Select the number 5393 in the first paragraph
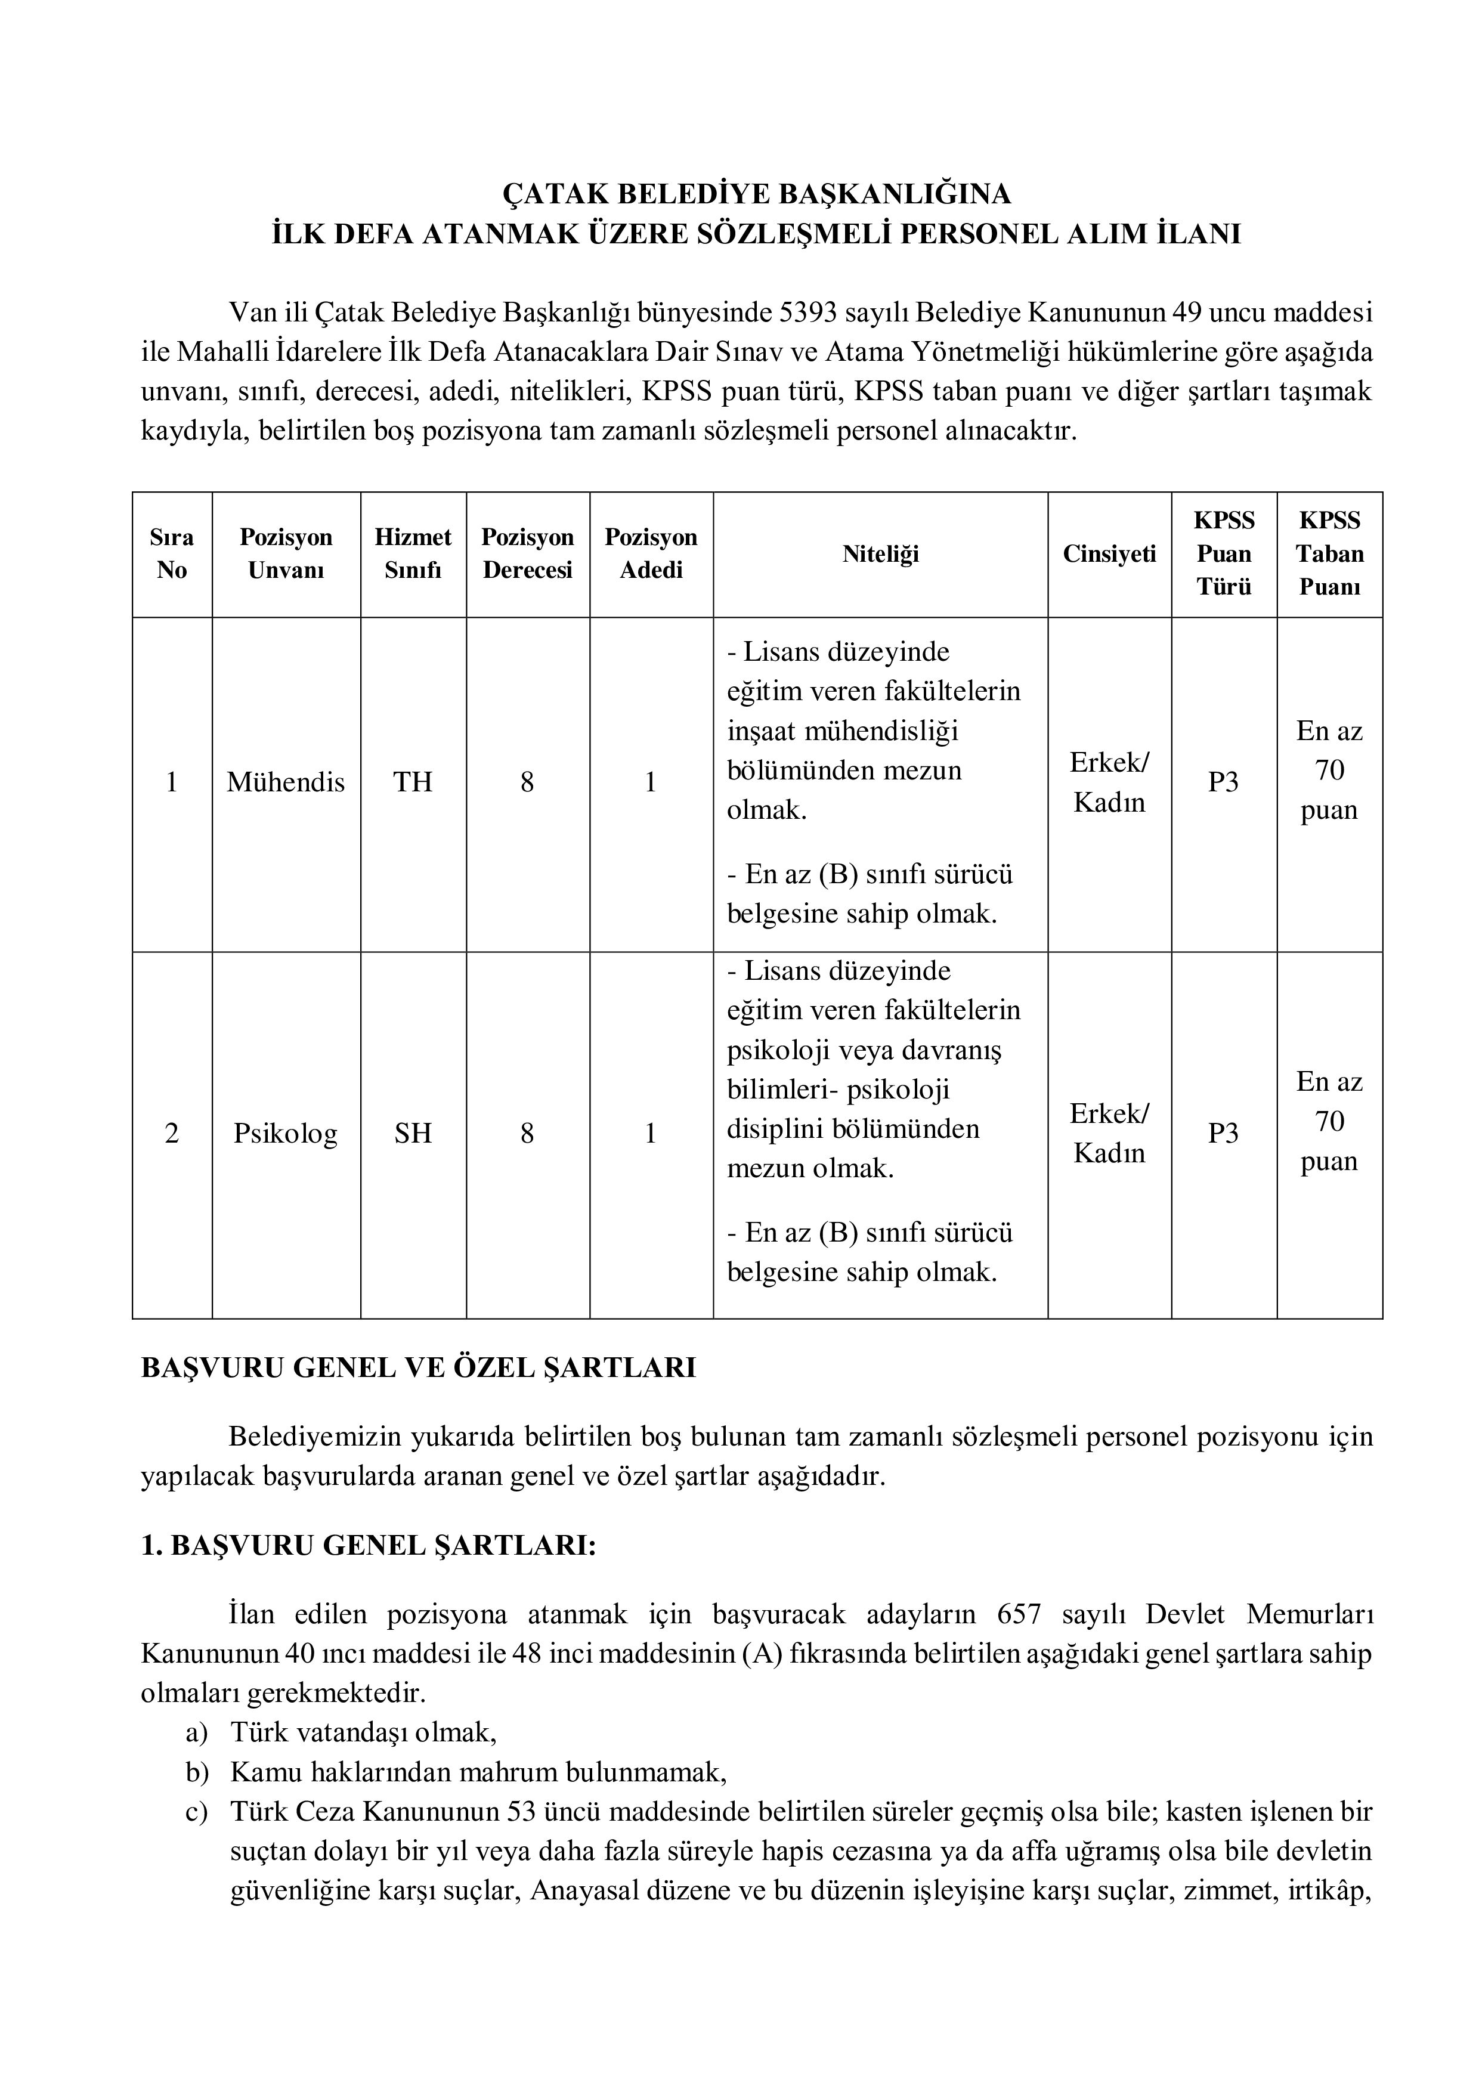(809, 312)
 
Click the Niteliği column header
(880, 554)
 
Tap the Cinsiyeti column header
(1109, 554)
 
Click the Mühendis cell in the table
(285, 782)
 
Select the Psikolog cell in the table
(285, 1134)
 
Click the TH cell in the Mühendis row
(413, 782)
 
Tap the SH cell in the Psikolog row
(413, 1134)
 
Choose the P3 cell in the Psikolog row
(1223, 1134)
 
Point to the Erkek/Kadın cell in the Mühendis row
(1109, 782)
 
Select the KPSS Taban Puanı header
(1329, 554)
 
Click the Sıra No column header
(171, 554)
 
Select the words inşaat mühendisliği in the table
(843, 731)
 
